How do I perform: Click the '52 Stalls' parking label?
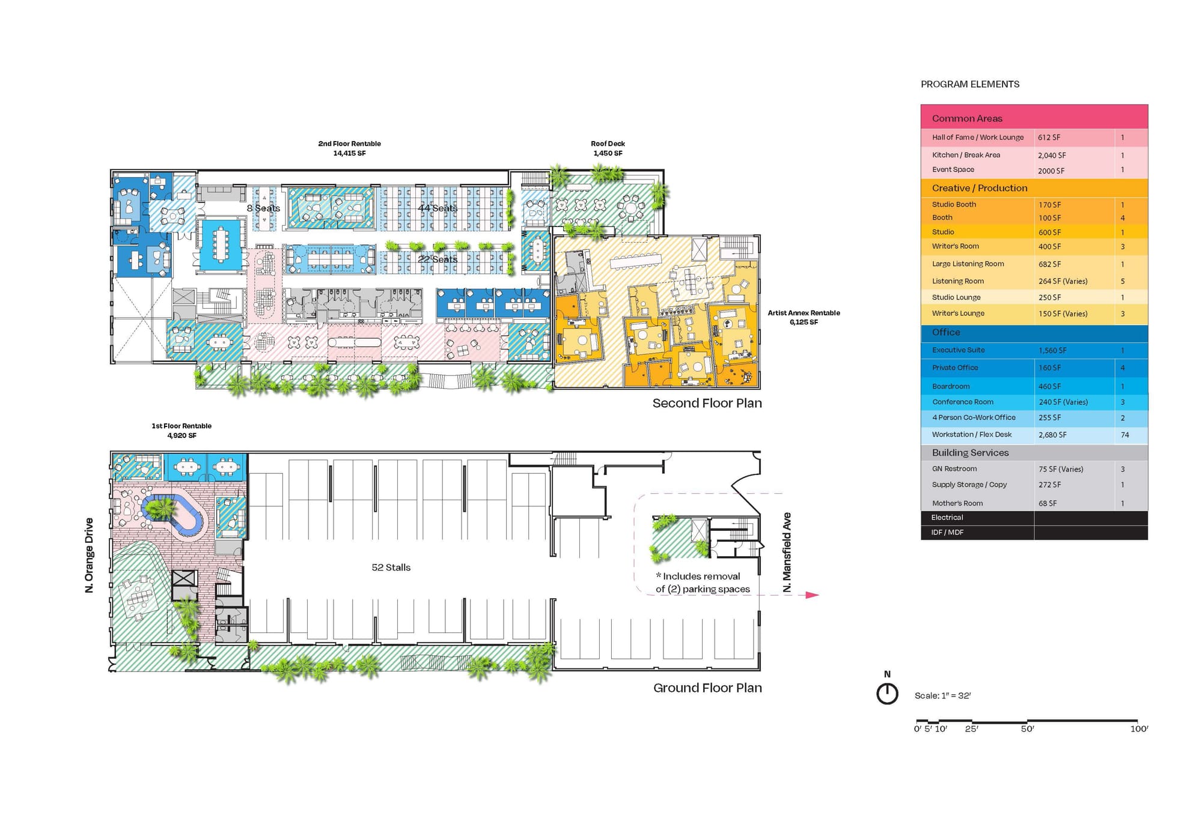pyautogui.click(x=391, y=568)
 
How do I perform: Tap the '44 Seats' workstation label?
pyautogui.click(x=438, y=208)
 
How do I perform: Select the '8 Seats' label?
pyautogui.click(x=263, y=208)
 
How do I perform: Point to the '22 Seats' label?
pyautogui.click(x=438, y=259)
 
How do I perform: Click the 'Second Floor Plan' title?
pyautogui.click(x=707, y=403)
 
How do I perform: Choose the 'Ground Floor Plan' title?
pyautogui.click(x=707, y=688)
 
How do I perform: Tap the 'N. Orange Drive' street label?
pyautogui.click(x=90, y=556)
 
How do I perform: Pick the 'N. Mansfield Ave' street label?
pyautogui.click(x=787, y=553)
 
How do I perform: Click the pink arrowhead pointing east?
pyautogui.click(x=813, y=595)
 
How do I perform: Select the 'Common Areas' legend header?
pyautogui.click(x=967, y=118)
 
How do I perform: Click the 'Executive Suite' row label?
pyautogui.click(x=959, y=350)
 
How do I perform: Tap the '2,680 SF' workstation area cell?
pyautogui.click(x=1052, y=435)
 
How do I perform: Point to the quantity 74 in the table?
pyautogui.click(x=1125, y=435)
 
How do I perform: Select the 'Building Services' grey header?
pyautogui.click(x=971, y=453)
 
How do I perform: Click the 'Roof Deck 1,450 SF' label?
pyautogui.click(x=608, y=148)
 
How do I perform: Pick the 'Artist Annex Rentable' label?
pyautogui.click(x=804, y=313)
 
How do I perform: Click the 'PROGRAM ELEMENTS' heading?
pyautogui.click(x=970, y=84)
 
